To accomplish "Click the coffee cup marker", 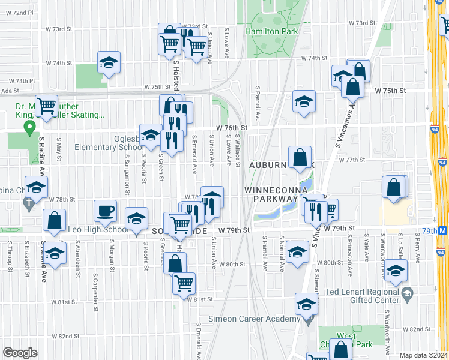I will tap(106, 211).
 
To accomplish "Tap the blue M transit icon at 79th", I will tap(443, 230).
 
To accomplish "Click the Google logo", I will tap(20, 353).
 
